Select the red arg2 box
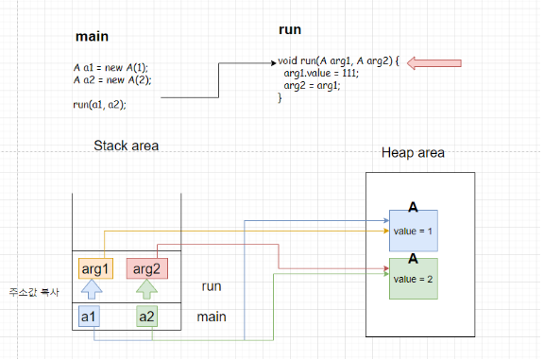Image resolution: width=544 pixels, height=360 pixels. pos(147,268)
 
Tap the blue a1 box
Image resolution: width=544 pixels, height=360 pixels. pos(89,317)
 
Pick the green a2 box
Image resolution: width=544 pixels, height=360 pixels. pos(146,317)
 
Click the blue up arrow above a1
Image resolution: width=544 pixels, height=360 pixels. pos(92,289)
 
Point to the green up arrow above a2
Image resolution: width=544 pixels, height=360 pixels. pos(146,289)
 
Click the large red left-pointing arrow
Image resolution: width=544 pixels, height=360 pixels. pos(434,63)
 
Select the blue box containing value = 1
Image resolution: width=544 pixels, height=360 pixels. pos(414,231)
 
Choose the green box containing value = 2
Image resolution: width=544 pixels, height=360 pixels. pos(414,279)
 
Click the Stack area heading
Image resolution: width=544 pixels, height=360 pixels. pos(127,146)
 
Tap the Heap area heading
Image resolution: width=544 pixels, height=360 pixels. pos(413,152)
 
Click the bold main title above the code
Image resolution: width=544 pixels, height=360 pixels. pos(92,36)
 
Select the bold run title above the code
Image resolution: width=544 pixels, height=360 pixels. pos(290,29)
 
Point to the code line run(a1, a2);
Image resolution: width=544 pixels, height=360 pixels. pos(99,105)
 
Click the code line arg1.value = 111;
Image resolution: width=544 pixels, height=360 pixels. pos(321,73)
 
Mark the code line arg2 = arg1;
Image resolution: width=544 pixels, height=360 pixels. pos(312,85)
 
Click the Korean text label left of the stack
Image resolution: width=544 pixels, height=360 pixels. pos(34,292)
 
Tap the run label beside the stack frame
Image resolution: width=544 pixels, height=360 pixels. pos(212,286)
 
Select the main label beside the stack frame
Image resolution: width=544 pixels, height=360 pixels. pos(212,317)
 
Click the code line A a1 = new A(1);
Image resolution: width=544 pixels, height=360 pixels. pos(110,67)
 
